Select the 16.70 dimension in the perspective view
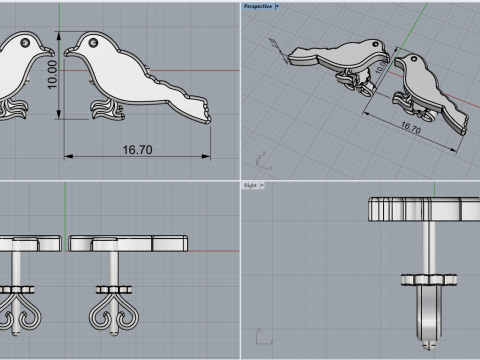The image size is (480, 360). (x=410, y=126)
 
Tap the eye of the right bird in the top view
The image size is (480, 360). (x=92, y=44)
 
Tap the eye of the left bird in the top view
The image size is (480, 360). (x=23, y=43)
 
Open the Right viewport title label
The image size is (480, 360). (x=250, y=186)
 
